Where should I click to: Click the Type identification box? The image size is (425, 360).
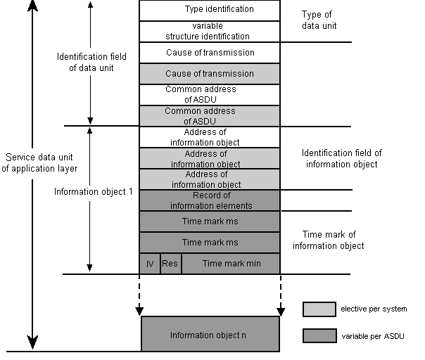click(210, 10)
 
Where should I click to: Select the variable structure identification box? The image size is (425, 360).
click(210, 32)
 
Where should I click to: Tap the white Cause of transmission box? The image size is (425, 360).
click(210, 53)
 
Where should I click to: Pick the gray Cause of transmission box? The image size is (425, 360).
click(210, 74)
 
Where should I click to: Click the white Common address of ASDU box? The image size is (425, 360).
click(210, 95)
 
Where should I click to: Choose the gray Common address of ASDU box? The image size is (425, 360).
click(210, 116)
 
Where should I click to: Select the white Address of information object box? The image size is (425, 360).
click(210, 137)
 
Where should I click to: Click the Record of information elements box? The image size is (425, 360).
click(210, 200)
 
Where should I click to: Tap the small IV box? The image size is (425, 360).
click(150, 264)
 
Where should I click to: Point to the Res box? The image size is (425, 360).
click(170, 264)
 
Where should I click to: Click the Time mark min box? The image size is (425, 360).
click(230, 264)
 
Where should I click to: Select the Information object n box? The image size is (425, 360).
click(210, 335)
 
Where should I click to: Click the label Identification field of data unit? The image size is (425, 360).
click(85, 63)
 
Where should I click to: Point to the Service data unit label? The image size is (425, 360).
click(40, 162)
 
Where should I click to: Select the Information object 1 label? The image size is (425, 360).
click(93, 191)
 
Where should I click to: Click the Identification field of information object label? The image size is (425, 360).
click(341, 158)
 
